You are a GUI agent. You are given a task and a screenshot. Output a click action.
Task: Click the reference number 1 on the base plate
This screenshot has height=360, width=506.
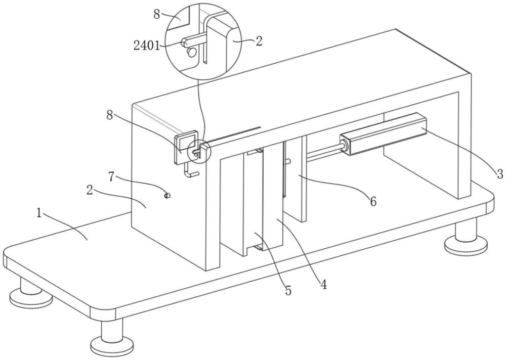pyautogui.click(x=39, y=213)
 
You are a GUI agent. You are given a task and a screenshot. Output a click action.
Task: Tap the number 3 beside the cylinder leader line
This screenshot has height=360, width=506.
pyautogui.click(x=499, y=174)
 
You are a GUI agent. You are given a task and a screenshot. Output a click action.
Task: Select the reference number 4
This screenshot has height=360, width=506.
pyautogui.click(x=323, y=284)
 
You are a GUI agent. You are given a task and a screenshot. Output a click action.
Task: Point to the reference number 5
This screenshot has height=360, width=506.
pyautogui.click(x=288, y=291)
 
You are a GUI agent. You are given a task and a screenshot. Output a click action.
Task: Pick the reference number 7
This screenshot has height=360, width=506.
pyautogui.click(x=111, y=176)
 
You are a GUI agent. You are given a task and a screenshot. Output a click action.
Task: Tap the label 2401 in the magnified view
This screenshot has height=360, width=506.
pyautogui.click(x=147, y=46)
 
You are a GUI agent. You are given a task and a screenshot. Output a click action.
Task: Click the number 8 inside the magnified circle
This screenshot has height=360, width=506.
pyautogui.click(x=157, y=14)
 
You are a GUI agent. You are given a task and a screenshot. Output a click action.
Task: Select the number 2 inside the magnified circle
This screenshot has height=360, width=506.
pyautogui.click(x=259, y=41)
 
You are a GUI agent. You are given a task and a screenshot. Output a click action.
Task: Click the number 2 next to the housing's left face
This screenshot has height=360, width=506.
pyautogui.click(x=90, y=190)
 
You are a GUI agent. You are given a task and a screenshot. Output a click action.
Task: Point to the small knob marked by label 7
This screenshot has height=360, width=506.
pyautogui.click(x=167, y=195)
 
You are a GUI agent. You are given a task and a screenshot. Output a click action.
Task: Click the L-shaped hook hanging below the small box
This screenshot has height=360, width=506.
pyautogui.click(x=190, y=170)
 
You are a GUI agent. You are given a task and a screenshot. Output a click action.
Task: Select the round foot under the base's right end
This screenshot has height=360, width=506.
pyautogui.click(x=466, y=239)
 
